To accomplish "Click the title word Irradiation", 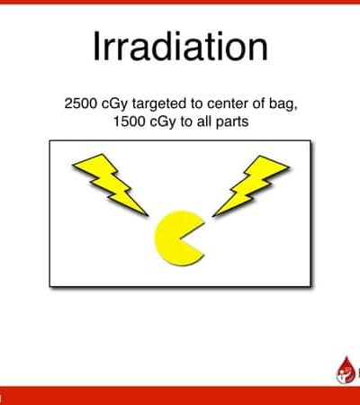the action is tap(180, 47).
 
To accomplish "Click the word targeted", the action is tap(159, 104).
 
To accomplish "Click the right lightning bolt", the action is tap(251, 185).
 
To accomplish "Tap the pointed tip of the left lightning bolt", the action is tap(148, 216).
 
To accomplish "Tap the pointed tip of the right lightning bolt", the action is tap(212, 216).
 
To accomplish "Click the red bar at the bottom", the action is tap(180, 396).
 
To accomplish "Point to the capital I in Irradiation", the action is tap(95, 47).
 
